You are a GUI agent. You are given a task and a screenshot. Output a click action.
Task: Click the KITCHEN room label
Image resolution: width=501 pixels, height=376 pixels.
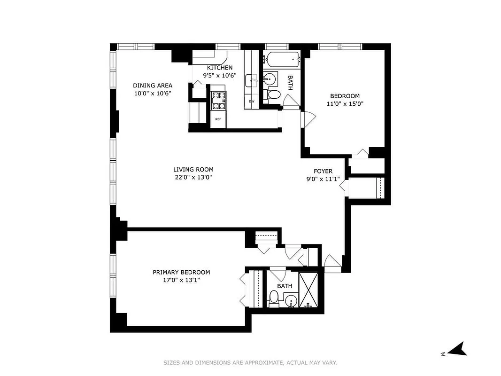coord(220,68)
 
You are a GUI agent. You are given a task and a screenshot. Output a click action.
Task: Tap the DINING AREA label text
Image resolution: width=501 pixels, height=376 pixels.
coord(153,86)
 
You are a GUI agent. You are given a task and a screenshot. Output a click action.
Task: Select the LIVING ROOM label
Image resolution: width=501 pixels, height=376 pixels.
coord(193,170)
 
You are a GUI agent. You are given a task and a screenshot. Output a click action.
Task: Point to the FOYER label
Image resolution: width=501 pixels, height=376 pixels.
coord(323,171)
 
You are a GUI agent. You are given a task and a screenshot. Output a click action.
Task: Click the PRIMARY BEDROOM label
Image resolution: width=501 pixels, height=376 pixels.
coord(181,272)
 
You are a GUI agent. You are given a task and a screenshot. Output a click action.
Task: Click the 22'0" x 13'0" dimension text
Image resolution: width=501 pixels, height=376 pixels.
coord(193,177)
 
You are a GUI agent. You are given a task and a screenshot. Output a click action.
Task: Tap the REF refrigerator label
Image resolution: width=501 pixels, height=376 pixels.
coord(218,119)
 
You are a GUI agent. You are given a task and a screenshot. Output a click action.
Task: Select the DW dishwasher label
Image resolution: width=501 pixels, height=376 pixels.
coord(252,101)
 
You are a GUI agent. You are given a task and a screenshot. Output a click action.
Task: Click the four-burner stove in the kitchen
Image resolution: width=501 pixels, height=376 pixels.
coord(218,100)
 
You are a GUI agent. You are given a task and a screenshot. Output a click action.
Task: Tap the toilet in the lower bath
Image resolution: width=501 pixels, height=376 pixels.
coord(273,298)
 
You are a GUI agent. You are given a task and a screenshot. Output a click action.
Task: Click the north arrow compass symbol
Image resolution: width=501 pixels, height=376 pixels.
coord(455,349)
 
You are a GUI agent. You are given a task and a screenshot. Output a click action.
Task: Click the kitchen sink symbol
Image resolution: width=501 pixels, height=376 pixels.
coord(252,80)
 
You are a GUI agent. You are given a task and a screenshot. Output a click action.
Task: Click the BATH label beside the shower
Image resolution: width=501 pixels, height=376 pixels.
coord(285,286)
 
